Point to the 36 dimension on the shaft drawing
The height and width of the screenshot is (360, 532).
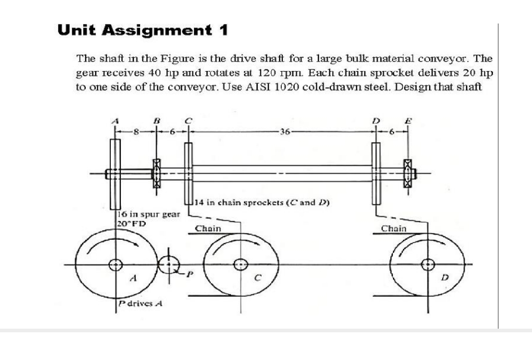tap(282, 132)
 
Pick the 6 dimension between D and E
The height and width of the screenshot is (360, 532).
tap(392, 132)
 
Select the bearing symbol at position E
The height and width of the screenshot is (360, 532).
tap(408, 173)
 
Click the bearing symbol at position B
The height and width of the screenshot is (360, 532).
tap(156, 173)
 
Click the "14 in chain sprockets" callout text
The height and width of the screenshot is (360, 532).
tap(263, 203)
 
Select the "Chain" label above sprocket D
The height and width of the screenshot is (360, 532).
tap(394, 228)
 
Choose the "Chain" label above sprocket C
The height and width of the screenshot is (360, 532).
tap(208, 228)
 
